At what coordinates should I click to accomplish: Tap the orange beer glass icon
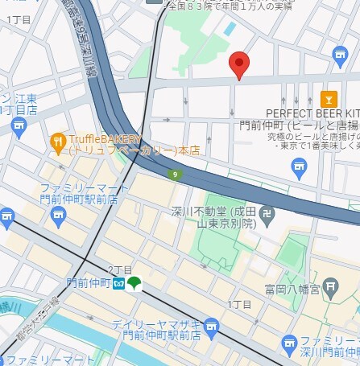(328, 99)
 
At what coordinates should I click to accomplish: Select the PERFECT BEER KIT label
(312, 114)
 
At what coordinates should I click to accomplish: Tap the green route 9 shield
(174, 174)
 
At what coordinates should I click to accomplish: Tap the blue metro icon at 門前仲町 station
(118, 284)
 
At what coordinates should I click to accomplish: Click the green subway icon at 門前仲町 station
(134, 284)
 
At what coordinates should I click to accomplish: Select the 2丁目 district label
(119, 269)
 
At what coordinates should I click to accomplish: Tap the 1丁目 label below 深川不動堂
(239, 304)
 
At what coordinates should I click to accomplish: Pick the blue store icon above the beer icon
(340, 55)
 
